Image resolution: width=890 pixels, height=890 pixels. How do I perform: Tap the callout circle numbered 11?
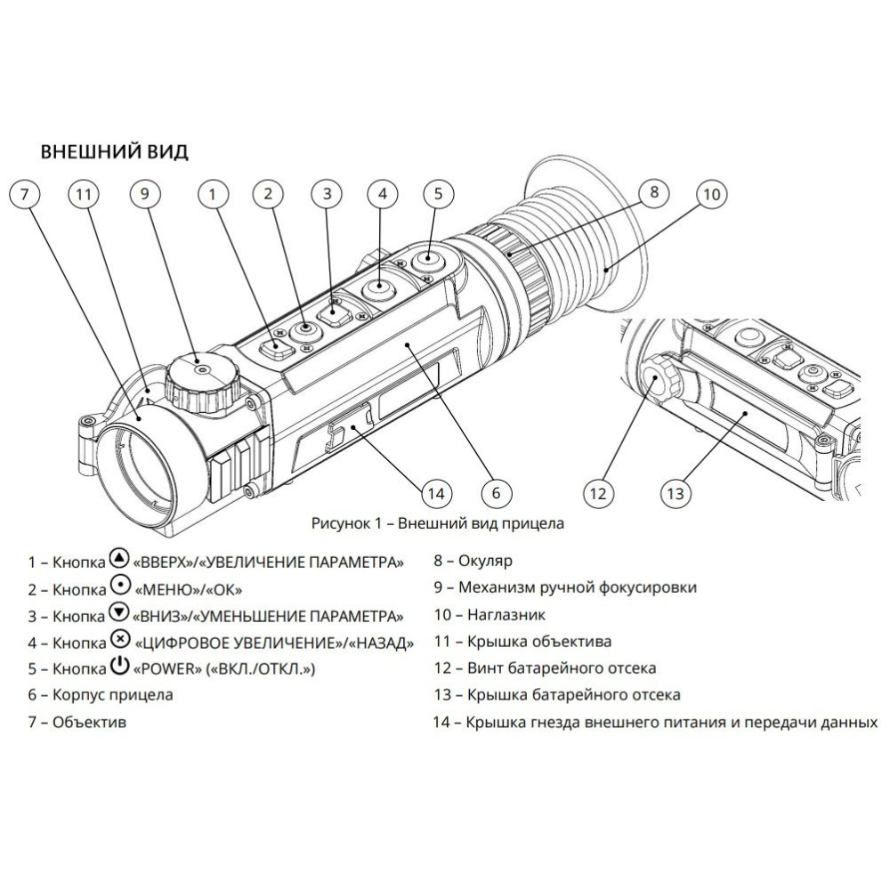(x=85, y=194)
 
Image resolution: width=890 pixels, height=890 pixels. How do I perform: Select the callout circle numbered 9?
(x=145, y=194)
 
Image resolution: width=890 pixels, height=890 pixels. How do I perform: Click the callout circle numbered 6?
(x=496, y=491)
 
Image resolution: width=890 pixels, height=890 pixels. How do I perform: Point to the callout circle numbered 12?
(x=600, y=491)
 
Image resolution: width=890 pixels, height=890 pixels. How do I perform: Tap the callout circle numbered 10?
(x=710, y=194)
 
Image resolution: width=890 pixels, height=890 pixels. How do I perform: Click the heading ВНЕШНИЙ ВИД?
(x=115, y=151)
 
